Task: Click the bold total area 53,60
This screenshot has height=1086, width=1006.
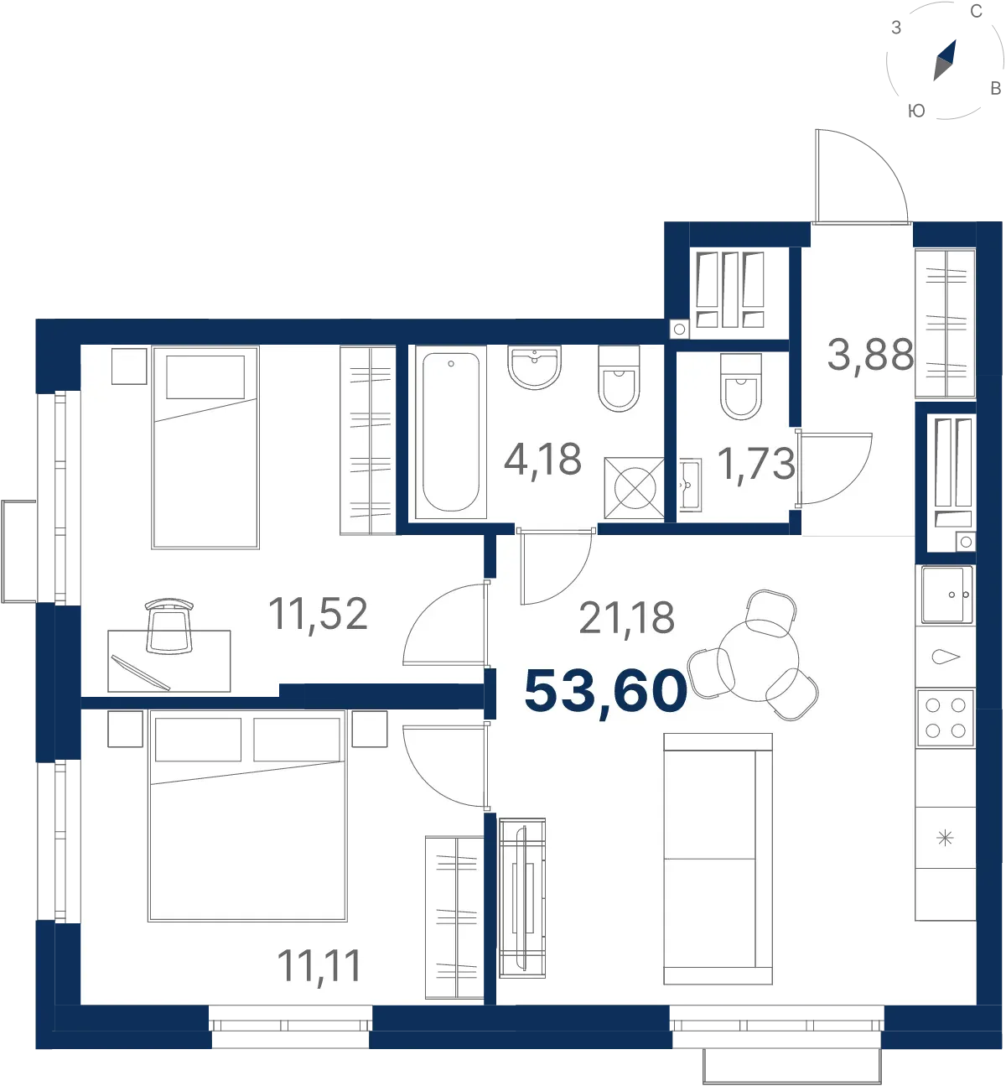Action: click(x=605, y=693)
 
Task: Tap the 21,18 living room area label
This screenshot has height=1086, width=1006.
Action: click(x=626, y=618)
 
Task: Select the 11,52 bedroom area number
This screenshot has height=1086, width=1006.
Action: click(x=318, y=614)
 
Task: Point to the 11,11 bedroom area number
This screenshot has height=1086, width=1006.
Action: click(x=319, y=966)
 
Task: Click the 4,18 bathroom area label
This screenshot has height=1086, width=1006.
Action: click(x=542, y=460)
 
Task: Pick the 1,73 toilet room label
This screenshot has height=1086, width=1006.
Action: click(x=756, y=465)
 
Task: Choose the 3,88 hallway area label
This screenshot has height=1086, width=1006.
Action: click(x=870, y=355)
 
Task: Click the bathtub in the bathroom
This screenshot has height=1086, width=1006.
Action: click(x=451, y=432)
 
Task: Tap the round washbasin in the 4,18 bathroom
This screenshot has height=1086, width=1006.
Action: click(x=535, y=367)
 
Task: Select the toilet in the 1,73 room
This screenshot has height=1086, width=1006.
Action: click(x=741, y=386)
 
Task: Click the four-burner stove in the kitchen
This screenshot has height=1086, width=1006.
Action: click(x=946, y=718)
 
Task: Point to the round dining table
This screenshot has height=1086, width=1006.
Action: click(x=758, y=660)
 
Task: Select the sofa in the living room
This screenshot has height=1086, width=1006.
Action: click(x=718, y=859)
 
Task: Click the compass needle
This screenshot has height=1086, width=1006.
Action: click(x=944, y=60)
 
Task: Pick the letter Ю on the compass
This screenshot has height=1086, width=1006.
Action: click(x=916, y=111)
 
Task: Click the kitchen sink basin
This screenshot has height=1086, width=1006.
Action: click(x=946, y=595)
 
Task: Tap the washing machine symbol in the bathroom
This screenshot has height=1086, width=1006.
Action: click(x=635, y=488)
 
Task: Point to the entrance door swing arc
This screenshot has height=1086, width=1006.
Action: click(x=881, y=159)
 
